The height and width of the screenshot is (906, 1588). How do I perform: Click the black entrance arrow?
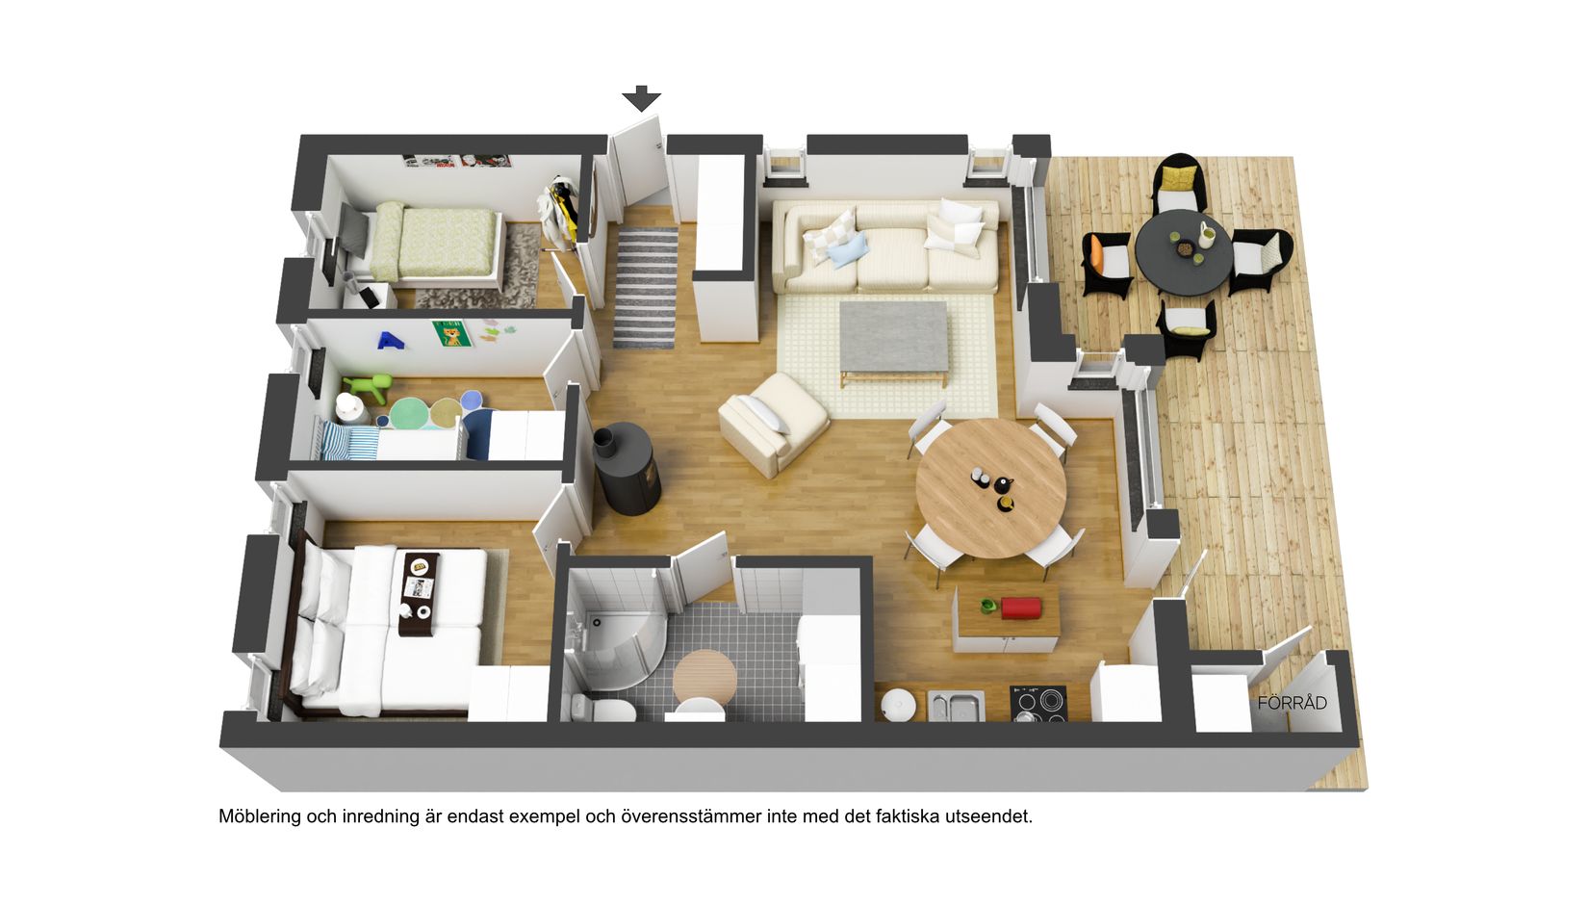(642, 98)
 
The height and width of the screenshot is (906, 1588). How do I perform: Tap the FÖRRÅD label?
(1292, 703)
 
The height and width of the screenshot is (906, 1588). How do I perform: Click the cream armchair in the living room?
(773, 424)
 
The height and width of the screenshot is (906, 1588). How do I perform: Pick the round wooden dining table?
(991, 488)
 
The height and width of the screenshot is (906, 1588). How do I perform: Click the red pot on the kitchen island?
(1021, 608)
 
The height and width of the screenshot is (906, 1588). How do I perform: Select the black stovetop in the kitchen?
(1037, 702)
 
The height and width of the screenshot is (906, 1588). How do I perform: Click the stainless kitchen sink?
(956, 706)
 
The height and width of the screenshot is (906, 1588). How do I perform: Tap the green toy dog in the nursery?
(368, 389)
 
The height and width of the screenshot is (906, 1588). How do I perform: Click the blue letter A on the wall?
(389, 341)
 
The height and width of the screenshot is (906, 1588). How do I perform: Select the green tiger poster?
(451, 333)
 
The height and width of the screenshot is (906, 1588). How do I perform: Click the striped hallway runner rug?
(646, 288)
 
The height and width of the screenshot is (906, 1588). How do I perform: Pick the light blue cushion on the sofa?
(849, 250)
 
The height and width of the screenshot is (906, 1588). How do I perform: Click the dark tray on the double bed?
(420, 592)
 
